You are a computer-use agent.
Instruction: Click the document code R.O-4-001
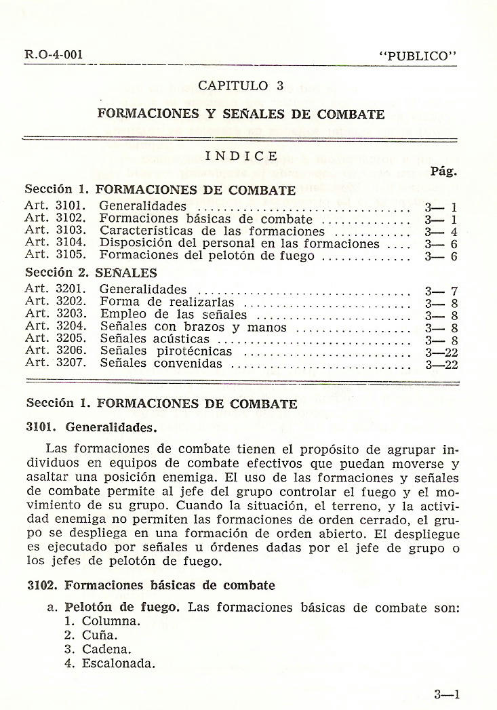tap(48, 55)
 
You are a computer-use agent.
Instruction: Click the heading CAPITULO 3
tap(241, 85)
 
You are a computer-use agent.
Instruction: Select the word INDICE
tap(241, 156)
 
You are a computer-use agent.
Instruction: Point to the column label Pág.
tap(443, 172)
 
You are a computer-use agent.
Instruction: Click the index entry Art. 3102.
tap(54, 219)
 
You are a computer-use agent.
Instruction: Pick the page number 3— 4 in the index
tap(441, 232)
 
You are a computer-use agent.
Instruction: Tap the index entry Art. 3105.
tap(54, 256)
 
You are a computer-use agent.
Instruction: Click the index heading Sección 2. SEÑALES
tap(91, 273)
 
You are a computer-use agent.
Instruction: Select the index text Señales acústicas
tap(155, 339)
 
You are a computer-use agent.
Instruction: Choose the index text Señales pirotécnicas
tap(166, 351)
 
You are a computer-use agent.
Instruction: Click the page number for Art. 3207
tap(441, 364)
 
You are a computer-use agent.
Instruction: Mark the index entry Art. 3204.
tap(54, 327)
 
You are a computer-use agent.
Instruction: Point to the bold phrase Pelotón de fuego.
tap(122, 607)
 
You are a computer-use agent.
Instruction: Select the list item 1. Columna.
tap(102, 621)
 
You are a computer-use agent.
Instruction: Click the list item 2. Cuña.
tap(91, 635)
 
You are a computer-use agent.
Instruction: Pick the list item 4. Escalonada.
tap(110, 663)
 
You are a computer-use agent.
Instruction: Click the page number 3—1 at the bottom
tap(448, 694)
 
